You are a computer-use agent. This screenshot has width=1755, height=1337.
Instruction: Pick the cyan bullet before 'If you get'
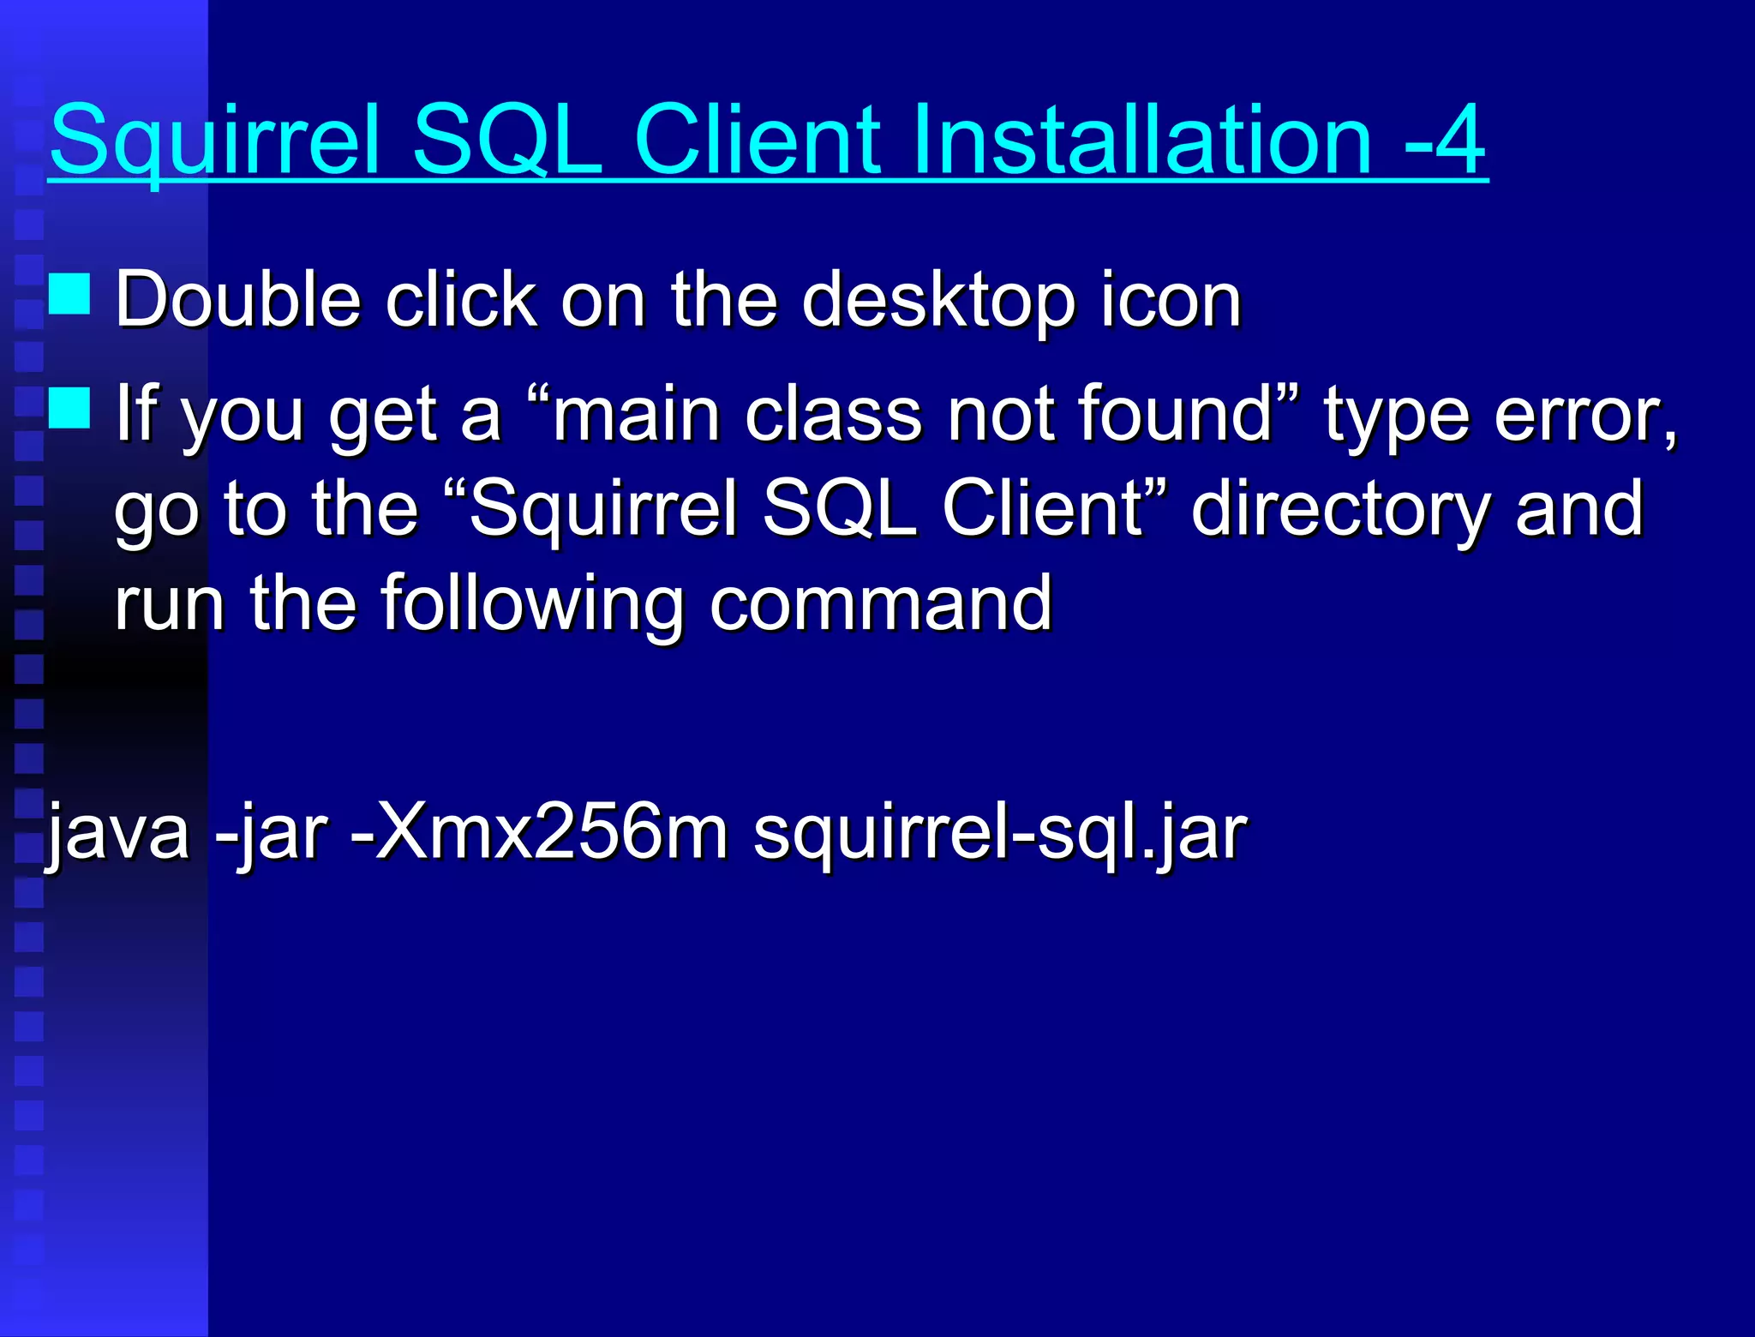click(x=69, y=407)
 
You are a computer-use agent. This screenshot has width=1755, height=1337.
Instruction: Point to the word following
click(x=532, y=603)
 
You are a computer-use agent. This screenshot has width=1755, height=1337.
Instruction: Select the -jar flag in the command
click(x=271, y=831)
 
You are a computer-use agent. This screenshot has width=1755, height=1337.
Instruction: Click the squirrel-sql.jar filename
click(x=999, y=831)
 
